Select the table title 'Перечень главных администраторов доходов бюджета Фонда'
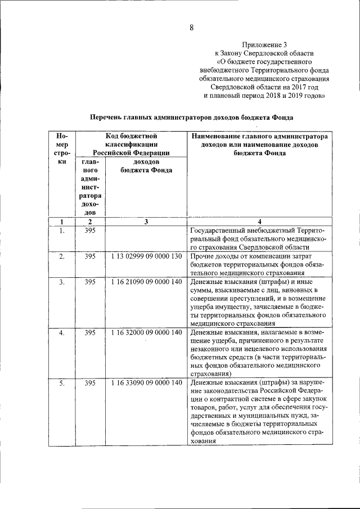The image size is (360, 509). pyautogui.click(x=192, y=117)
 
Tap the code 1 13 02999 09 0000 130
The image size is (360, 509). pyautogui.click(x=146, y=256)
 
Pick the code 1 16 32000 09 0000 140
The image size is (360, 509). pyautogui.click(x=146, y=332)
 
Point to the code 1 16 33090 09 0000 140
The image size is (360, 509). pyautogui.click(x=146, y=383)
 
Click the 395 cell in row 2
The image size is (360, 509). pyautogui.click(x=90, y=256)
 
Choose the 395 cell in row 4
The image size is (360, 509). pyautogui.click(x=90, y=333)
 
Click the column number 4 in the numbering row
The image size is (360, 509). pyautogui.click(x=259, y=222)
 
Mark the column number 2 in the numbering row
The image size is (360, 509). pyautogui.click(x=90, y=222)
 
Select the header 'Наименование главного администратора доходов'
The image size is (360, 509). pyautogui.click(x=259, y=140)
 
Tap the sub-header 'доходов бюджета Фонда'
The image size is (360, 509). pyautogui.click(x=146, y=166)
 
